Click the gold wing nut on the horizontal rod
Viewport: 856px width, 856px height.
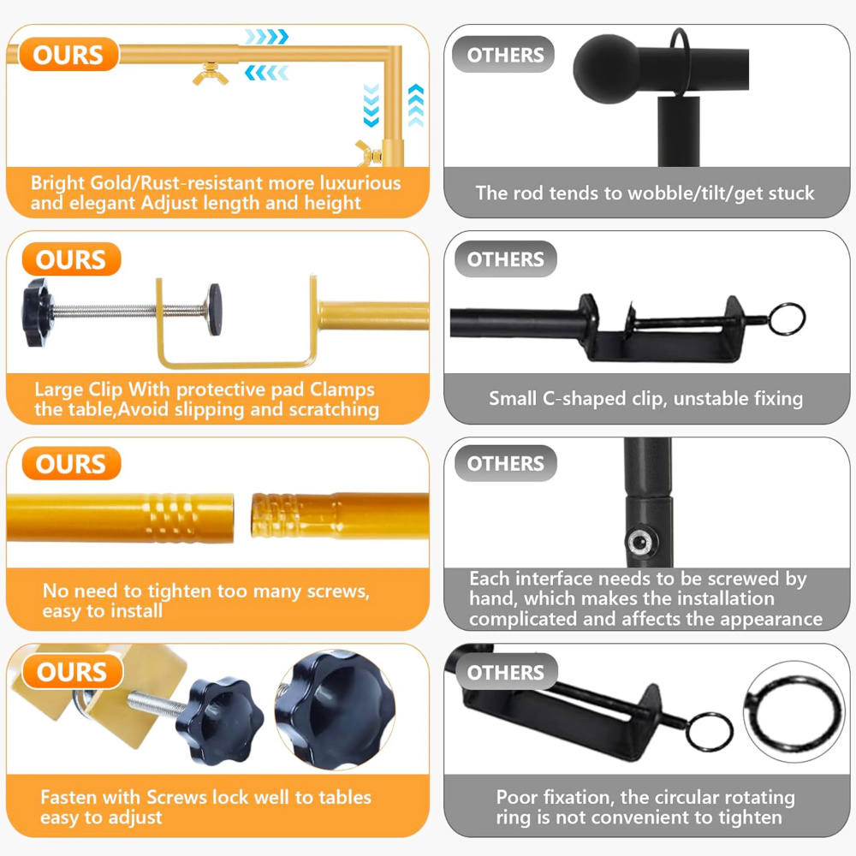tap(211, 74)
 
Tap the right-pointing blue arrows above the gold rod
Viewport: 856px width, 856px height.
tap(266, 37)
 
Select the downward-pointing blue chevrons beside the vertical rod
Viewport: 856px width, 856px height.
tap(372, 105)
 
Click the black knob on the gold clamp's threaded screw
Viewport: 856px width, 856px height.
tap(37, 312)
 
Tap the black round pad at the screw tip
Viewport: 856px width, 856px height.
tap(214, 309)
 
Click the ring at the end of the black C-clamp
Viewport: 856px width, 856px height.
tap(787, 318)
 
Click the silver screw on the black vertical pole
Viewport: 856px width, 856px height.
tap(639, 542)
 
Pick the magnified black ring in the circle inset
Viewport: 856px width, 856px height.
tap(794, 711)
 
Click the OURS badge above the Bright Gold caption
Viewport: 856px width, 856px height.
tap(68, 55)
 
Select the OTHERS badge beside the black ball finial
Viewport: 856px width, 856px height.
tap(503, 55)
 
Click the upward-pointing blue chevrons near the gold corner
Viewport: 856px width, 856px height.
tap(416, 105)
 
